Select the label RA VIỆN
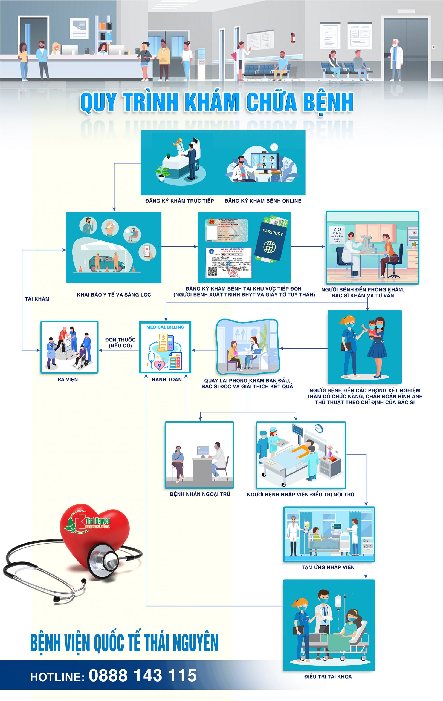coord(68,379)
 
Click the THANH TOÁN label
coord(165,379)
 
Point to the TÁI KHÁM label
coord(37,299)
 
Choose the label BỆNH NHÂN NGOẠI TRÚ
coord(200,494)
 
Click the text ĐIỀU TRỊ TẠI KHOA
coord(328,677)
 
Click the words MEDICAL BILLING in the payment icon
coord(165,327)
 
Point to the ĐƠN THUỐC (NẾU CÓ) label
coord(120,343)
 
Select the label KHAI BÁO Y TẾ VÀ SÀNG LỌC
coord(114,295)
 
